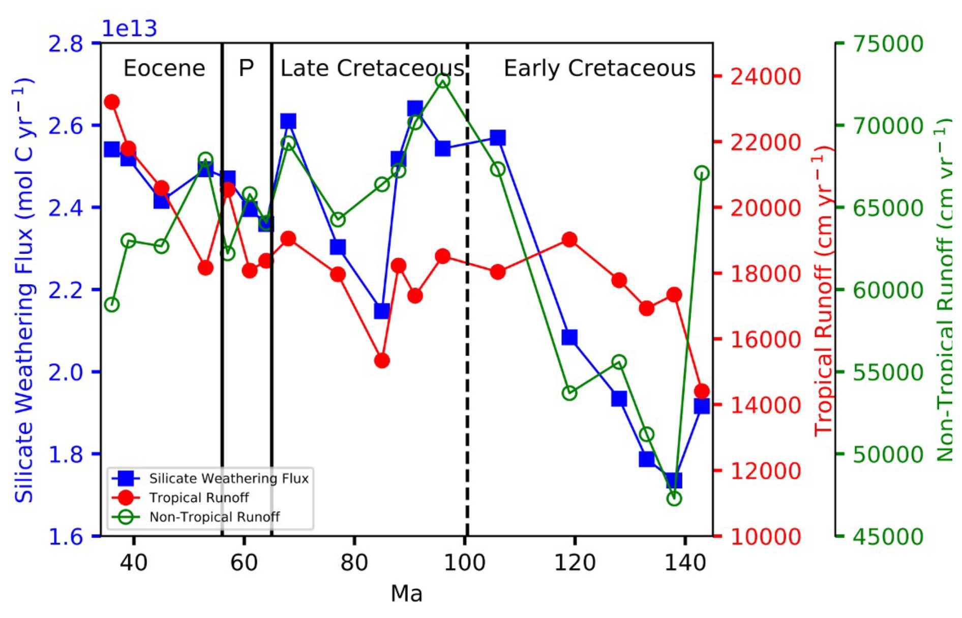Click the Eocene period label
(x=164, y=68)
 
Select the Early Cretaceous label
(x=599, y=68)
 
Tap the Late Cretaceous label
(x=372, y=68)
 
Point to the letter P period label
(x=246, y=68)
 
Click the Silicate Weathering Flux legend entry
(x=228, y=479)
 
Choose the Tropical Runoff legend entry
(x=199, y=497)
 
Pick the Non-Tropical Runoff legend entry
(x=214, y=517)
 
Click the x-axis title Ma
(x=406, y=594)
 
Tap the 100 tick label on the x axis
(x=464, y=563)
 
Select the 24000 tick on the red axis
(x=766, y=77)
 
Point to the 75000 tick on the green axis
(x=888, y=44)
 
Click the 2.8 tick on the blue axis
(x=66, y=44)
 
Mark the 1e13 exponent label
(x=129, y=29)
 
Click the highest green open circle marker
(x=442, y=81)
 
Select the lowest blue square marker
(x=674, y=481)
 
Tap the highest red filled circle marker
(x=112, y=102)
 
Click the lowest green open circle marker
(x=674, y=499)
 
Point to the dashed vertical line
(x=467, y=305)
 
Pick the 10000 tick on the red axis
(x=766, y=537)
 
